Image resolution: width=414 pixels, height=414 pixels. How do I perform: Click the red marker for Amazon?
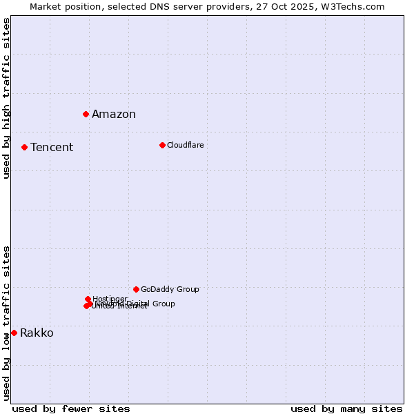tap(86, 114)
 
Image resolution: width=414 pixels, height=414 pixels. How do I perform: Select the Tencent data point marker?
tap(24, 147)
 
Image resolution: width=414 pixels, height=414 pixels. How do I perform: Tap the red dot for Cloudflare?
tap(162, 145)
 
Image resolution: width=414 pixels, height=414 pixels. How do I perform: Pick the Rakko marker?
tap(14, 333)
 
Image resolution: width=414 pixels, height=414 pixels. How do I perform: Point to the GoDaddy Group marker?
tap(136, 289)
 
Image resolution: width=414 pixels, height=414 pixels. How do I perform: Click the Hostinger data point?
tap(88, 299)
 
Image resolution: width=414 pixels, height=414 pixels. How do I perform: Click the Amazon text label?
tap(114, 115)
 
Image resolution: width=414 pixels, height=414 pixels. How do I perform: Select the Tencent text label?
tap(52, 148)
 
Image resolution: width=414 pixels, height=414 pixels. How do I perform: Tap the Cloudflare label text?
tap(185, 146)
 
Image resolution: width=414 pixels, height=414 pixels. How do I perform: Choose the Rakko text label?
tap(37, 333)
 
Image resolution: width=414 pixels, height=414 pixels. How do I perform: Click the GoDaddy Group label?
tap(170, 290)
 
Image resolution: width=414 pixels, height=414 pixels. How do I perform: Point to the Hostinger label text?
tap(110, 299)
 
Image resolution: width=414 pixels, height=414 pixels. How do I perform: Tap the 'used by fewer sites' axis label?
tap(71, 408)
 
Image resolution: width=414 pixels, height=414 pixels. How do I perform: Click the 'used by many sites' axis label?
tap(346, 408)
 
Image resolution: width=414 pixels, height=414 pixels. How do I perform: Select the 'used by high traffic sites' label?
tap(6, 99)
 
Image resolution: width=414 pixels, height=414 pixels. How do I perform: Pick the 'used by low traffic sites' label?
tap(6, 323)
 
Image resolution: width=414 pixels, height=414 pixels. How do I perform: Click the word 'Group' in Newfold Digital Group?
tap(164, 304)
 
